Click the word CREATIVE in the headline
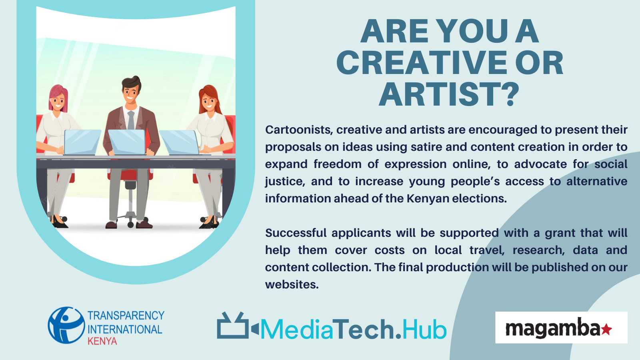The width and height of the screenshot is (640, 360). click(x=422, y=63)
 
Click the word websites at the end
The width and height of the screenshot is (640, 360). click(x=292, y=284)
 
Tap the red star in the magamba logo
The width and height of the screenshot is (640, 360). click(x=606, y=330)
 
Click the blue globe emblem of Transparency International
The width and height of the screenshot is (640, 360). click(x=66, y=325)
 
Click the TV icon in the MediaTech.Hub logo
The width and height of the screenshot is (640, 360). click(x=233, y=326)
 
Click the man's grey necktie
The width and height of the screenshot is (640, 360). click(x=131, y=120)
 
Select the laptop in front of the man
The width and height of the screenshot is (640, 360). click(x=127, y=142)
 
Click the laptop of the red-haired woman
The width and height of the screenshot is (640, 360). click(x=180, y=142)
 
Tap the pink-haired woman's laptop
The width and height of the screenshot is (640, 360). click(x=82, y=142)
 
